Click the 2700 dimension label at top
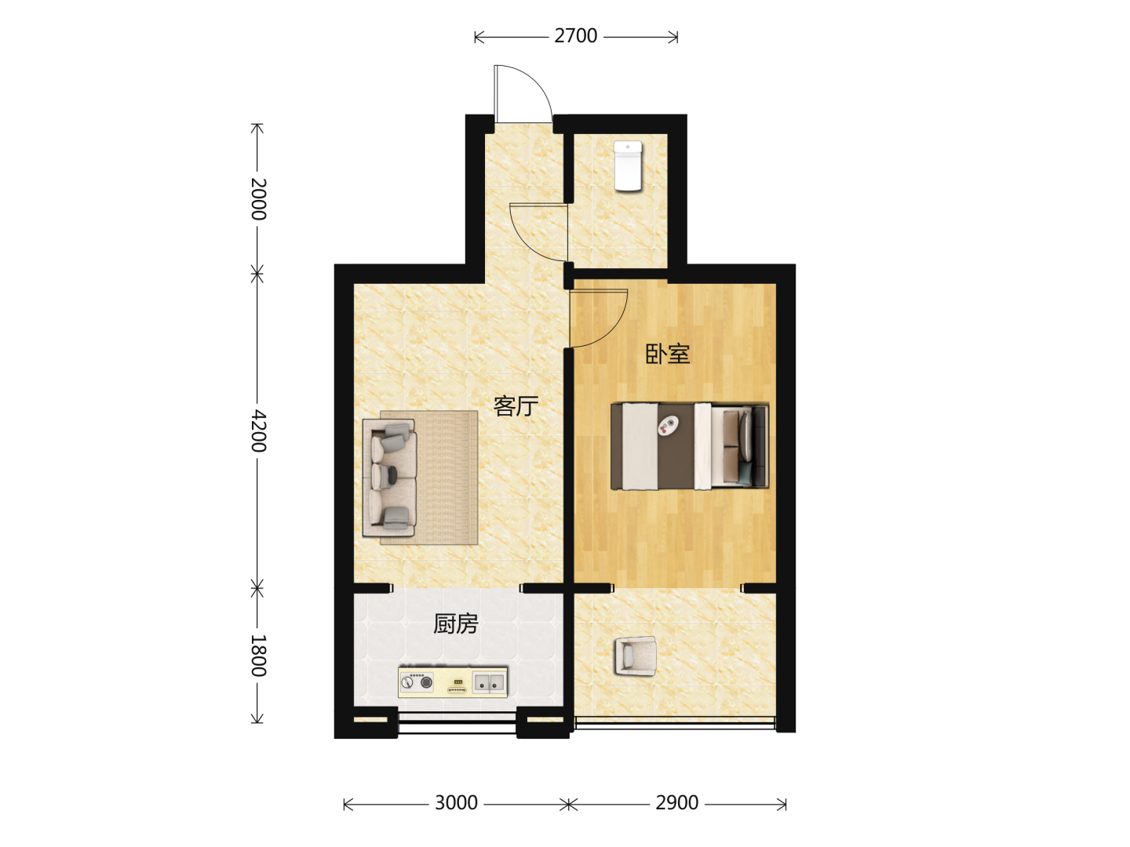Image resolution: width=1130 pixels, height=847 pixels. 575,36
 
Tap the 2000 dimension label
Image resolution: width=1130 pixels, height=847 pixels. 258,199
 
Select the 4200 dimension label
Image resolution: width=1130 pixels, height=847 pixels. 258,431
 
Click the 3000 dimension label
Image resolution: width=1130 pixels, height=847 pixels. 456,803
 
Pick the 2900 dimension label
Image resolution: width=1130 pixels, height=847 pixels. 677,803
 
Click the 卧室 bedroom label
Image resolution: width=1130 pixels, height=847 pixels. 668,354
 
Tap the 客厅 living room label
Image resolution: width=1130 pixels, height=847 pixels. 516,406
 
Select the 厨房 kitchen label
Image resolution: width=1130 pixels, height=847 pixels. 456,623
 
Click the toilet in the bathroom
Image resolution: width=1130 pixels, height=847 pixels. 628,165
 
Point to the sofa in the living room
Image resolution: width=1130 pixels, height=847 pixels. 389,478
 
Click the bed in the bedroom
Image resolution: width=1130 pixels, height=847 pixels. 690,446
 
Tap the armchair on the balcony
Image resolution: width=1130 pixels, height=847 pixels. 636,656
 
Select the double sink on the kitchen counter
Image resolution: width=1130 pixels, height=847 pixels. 489,683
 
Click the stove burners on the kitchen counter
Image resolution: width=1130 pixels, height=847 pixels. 417,682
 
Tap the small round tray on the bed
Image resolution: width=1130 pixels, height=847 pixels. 669,425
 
